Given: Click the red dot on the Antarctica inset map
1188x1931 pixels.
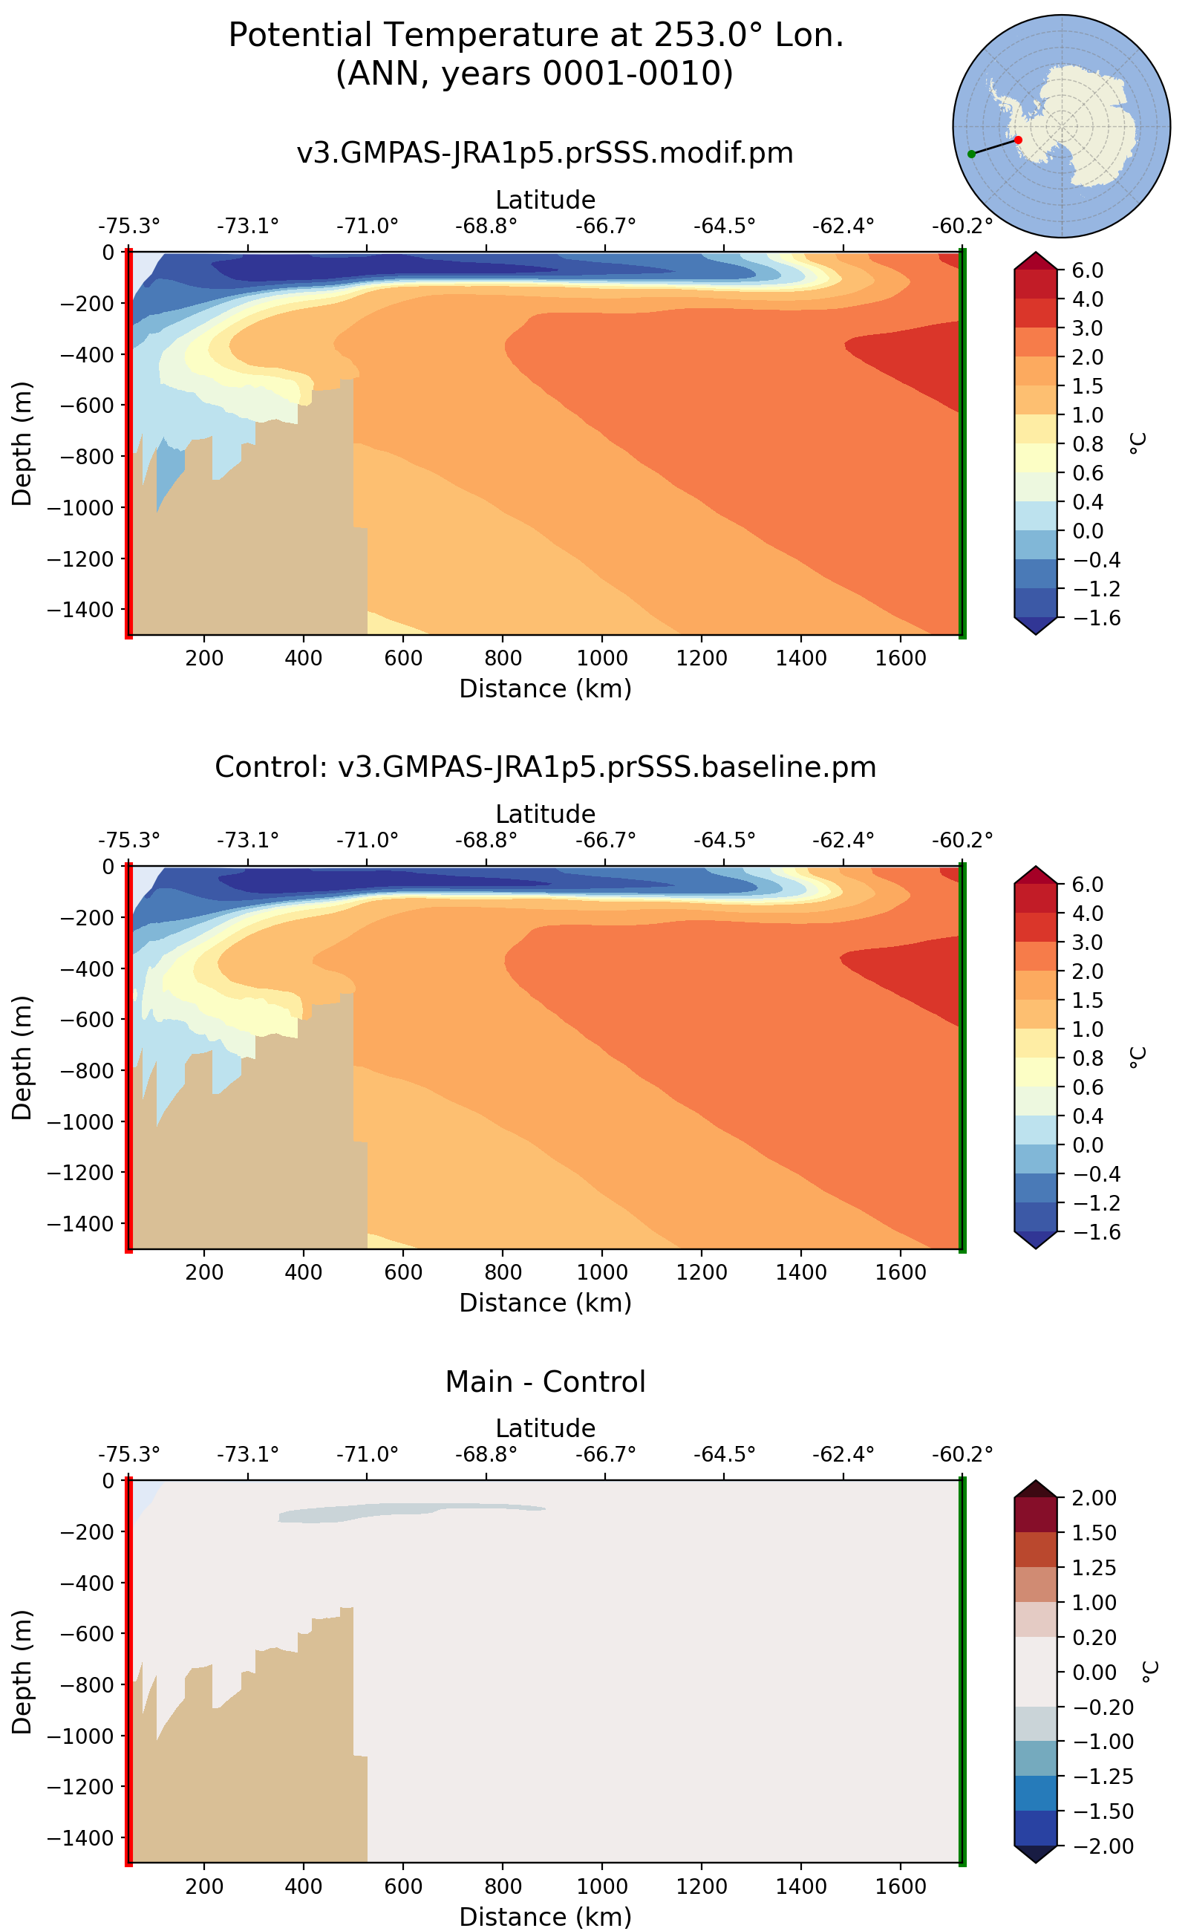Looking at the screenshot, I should (1018, 140).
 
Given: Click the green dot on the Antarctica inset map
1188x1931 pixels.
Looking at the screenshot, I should (971, 154).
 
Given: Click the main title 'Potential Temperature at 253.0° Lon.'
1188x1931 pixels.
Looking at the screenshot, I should (536, 36).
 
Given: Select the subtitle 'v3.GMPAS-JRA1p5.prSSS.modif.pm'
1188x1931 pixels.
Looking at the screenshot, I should (544, 152).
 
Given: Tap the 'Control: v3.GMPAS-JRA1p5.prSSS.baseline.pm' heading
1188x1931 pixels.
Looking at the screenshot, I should (544, 766).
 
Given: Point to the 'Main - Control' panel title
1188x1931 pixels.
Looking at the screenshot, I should (544, 1381).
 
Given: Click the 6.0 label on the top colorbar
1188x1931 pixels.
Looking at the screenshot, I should (1088, 270).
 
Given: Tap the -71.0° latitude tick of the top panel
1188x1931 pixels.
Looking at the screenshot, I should (367, 227).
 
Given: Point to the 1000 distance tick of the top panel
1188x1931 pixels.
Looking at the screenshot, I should (602, 658).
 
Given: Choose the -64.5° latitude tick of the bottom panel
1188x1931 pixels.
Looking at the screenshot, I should (724, 1455).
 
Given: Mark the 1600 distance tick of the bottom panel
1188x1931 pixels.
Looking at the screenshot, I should (901, 1886).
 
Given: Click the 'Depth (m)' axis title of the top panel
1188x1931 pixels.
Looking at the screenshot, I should (22, 443).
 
